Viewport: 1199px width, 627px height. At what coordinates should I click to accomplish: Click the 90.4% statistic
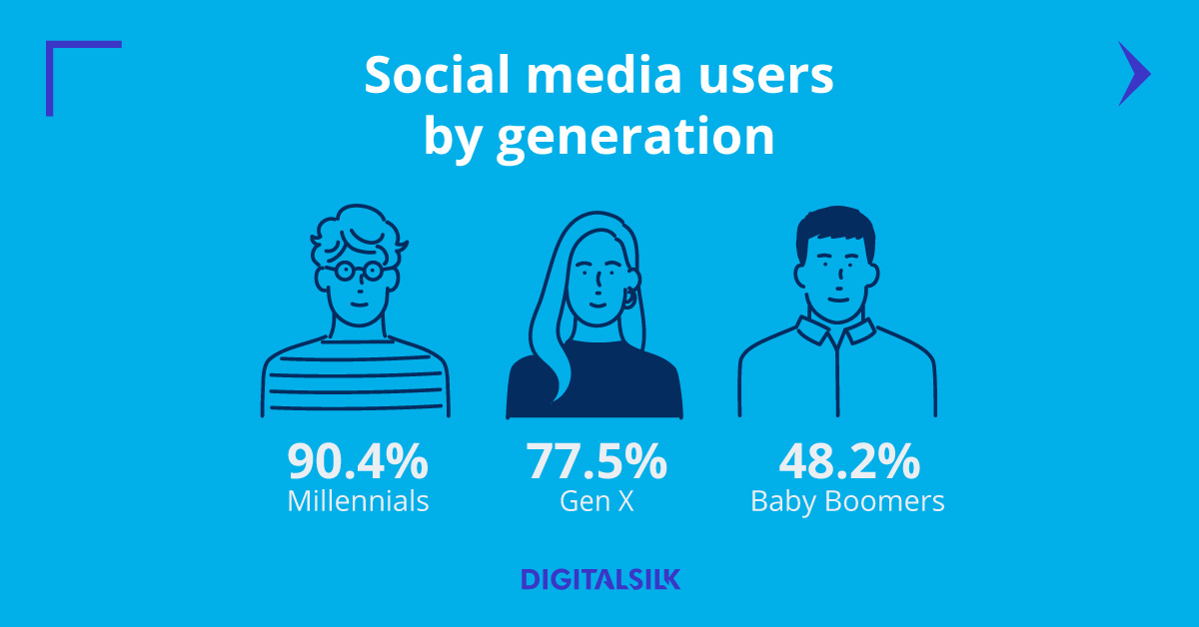358,462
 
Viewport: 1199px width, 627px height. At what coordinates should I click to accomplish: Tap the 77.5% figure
597,462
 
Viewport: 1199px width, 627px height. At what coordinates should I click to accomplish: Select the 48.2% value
848,462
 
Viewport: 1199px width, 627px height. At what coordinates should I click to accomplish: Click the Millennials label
358,500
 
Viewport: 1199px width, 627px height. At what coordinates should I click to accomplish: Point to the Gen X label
597,500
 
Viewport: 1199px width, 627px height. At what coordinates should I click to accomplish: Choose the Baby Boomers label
847,500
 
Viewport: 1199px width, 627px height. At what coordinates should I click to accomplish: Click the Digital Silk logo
600,579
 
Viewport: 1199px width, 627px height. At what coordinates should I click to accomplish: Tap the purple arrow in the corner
1133,74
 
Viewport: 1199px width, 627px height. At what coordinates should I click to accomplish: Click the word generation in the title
634,136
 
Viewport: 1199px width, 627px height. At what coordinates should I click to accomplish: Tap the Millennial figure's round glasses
357,270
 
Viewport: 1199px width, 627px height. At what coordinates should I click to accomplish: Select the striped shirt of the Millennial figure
356,379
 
